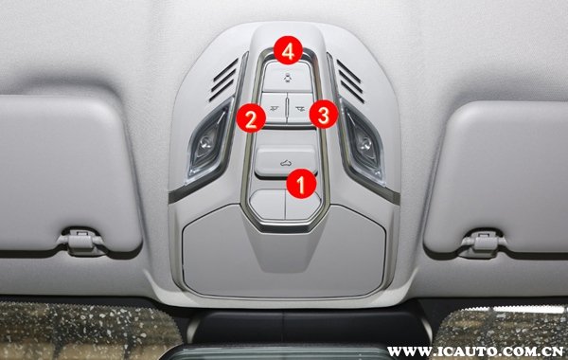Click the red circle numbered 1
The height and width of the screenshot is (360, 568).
tap(301, 184)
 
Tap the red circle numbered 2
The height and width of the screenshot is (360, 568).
tap(251, 117)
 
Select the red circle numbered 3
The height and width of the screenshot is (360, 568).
tap(324, 114)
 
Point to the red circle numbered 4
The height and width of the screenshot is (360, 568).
tap(288, 50)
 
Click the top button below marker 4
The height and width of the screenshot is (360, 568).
tap(287, 78)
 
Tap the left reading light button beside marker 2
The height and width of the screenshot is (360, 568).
tap(274, 108)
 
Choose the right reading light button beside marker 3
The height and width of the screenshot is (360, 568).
tap(300, 108)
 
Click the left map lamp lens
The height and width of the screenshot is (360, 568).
tap(207, 139)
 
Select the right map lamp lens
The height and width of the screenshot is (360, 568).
tap(364, 141)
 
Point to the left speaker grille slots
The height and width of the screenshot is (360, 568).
tap(223, 80)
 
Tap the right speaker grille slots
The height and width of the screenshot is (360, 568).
tap(350, 81)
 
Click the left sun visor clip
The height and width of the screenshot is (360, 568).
tap(81, 241)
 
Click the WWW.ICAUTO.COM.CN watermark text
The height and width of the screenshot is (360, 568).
tap(476, 351)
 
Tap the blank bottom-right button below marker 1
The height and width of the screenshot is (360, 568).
tap(303, 206)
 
